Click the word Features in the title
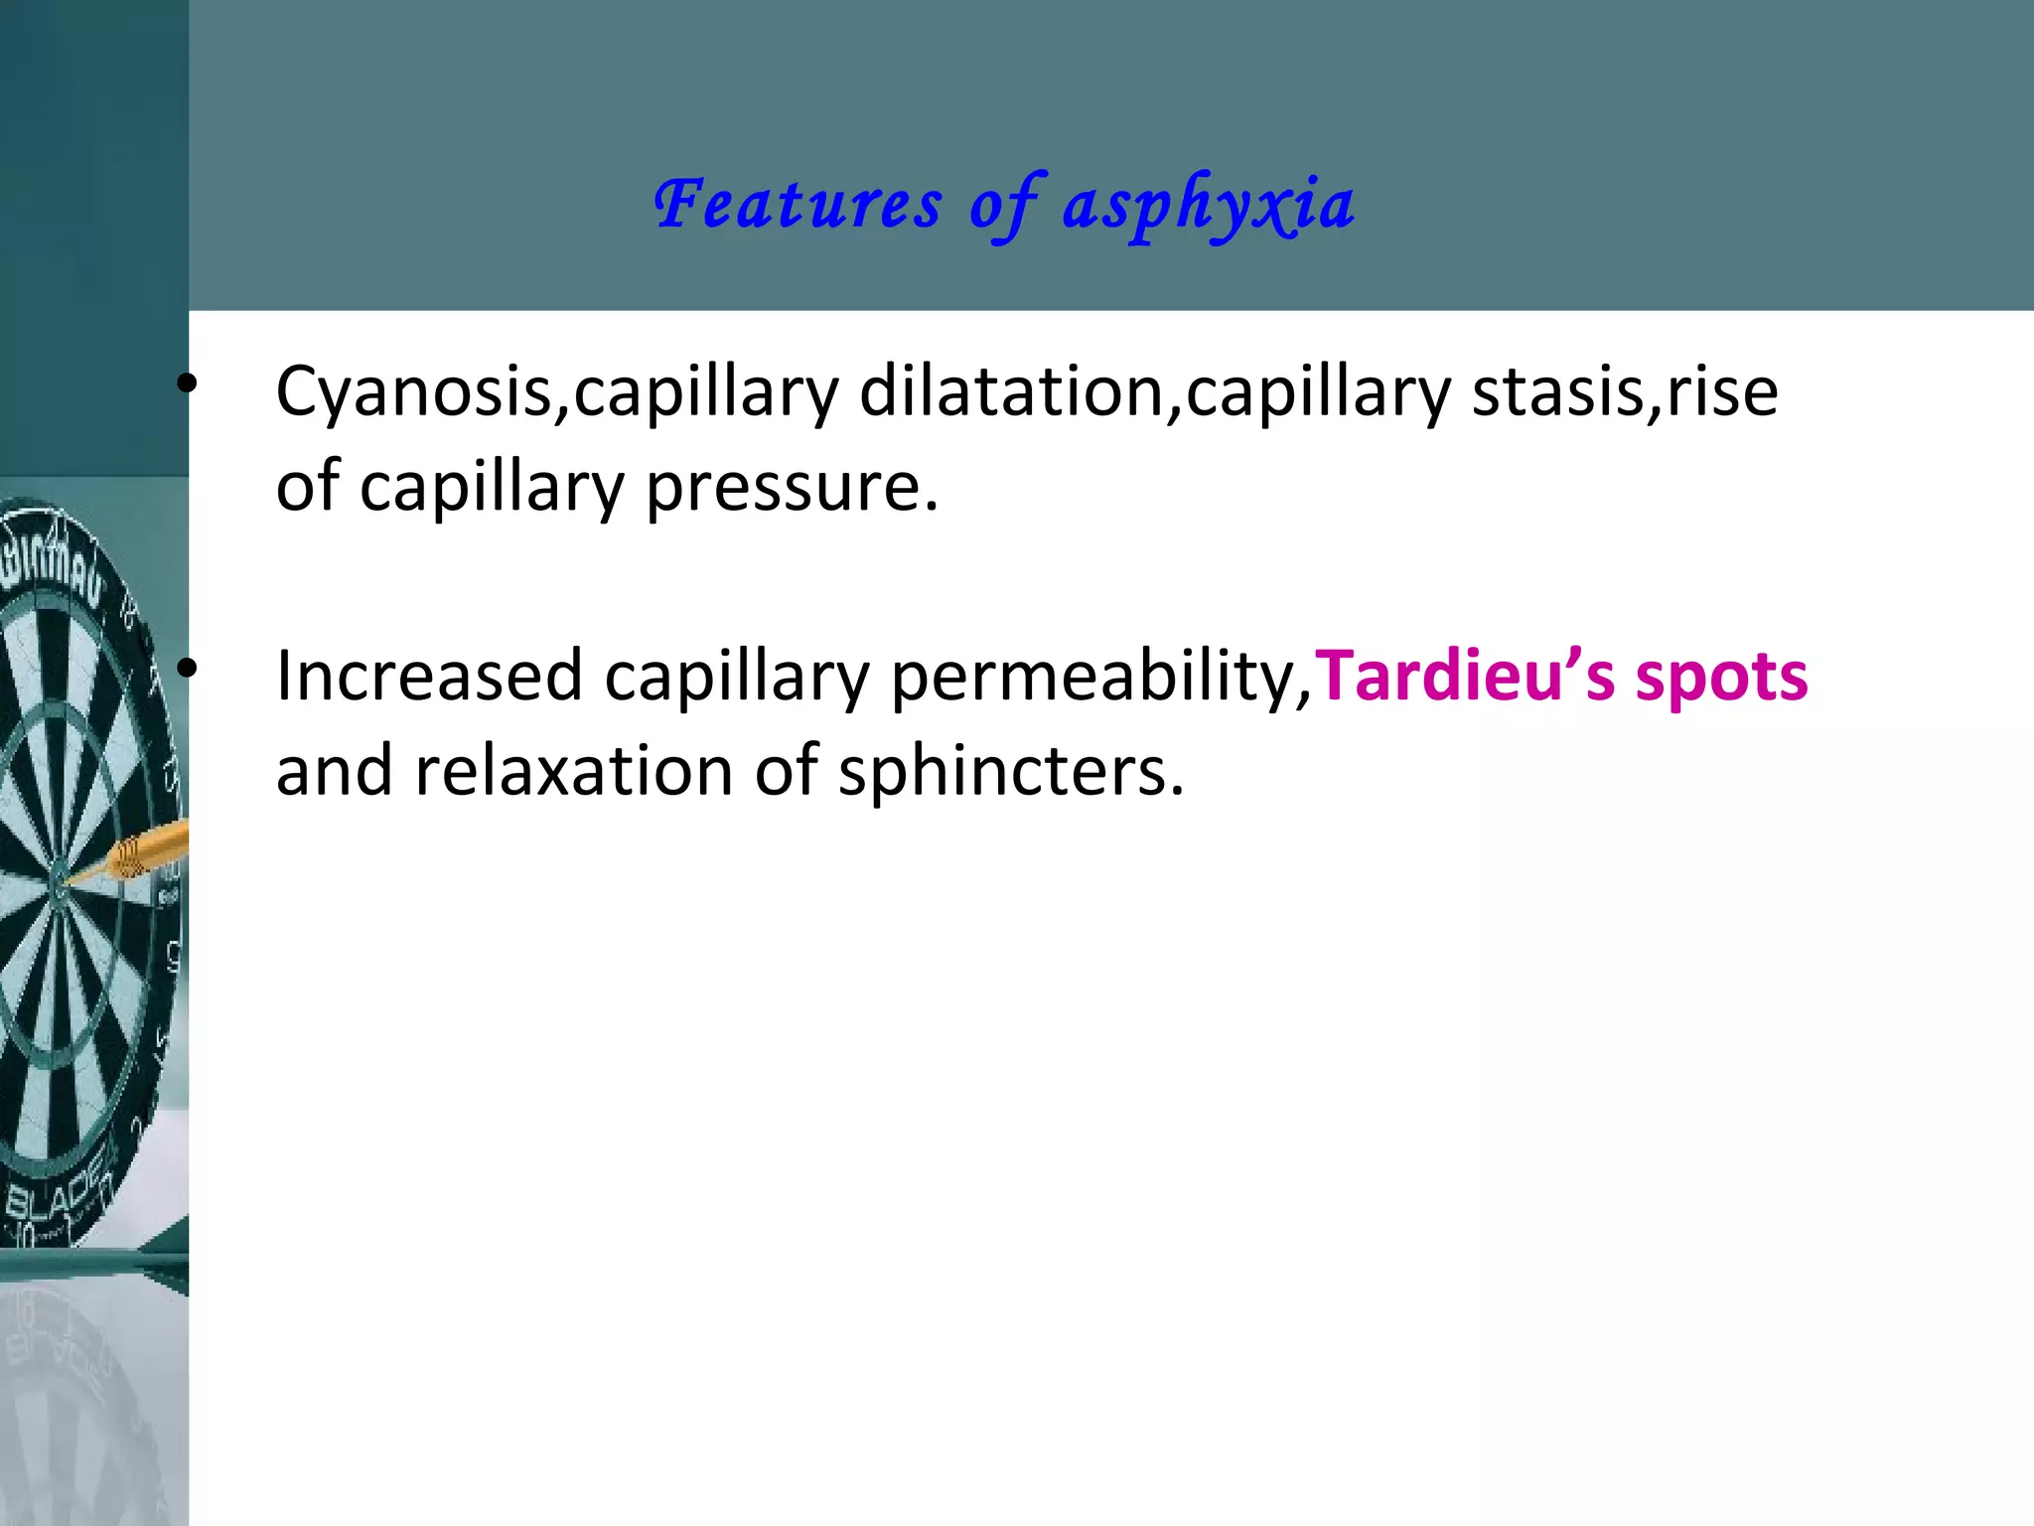798,206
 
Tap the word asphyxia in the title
1209,206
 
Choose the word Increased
429,677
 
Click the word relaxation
573,771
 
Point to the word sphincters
1011,771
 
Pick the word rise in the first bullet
1722,390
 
